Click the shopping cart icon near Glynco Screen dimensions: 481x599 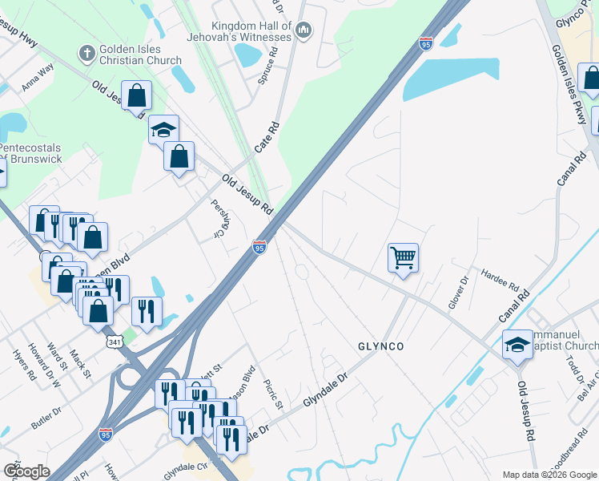403,258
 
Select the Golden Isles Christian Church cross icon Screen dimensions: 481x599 86,54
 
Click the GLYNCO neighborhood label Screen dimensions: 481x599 380,346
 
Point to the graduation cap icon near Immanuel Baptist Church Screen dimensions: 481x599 517,346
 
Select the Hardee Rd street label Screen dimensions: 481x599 501,281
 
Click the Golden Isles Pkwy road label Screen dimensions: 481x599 569,85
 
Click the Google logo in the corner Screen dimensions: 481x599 26,471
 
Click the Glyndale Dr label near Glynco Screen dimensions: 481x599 326,390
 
